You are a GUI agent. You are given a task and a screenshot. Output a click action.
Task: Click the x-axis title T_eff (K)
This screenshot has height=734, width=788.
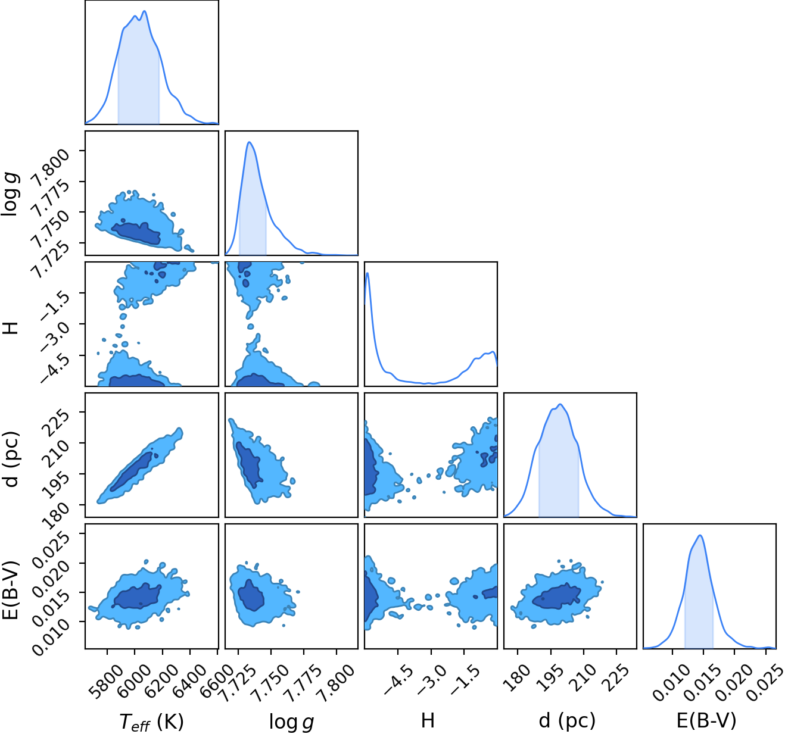coord(151,721)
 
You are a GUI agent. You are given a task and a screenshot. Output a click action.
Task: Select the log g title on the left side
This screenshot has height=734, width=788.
coord(10,194)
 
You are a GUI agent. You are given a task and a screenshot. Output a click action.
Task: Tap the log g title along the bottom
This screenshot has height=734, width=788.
coord(292,721)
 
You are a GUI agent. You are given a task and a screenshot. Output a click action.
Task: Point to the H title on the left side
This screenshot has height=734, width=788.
coord(11,328)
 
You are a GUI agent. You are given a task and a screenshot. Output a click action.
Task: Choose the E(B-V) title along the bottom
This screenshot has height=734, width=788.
coord(706,720)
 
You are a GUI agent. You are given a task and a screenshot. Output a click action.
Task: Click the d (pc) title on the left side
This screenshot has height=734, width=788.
coord(12,458)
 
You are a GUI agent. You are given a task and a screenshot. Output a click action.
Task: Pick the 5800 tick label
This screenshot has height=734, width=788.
coord(102,681)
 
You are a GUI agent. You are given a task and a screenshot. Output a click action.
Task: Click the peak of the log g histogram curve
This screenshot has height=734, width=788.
coord(249,142)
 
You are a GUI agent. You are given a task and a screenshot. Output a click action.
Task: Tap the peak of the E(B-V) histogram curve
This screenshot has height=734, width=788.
coord(700,535)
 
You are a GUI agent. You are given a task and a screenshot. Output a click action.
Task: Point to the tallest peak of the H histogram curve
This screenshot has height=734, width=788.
coord(368,273)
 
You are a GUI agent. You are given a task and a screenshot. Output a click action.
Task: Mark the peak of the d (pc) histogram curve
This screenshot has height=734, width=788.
coord(560,404)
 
